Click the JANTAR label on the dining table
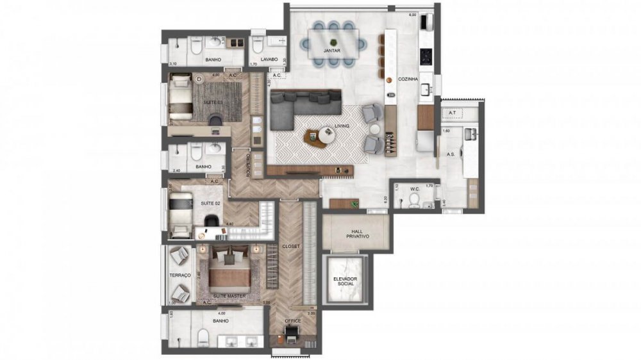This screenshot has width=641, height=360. click(x=331, y=49)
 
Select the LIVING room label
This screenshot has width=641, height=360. click(x=341, y=126)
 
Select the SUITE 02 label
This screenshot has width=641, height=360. click(x=211, y=203)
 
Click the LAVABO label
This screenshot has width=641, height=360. click(x=269, y=60)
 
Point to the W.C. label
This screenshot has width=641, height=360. click(x=414, y=189)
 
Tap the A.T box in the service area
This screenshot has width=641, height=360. click(x=452, y=113)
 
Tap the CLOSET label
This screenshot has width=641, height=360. click(x=291, y=246)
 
